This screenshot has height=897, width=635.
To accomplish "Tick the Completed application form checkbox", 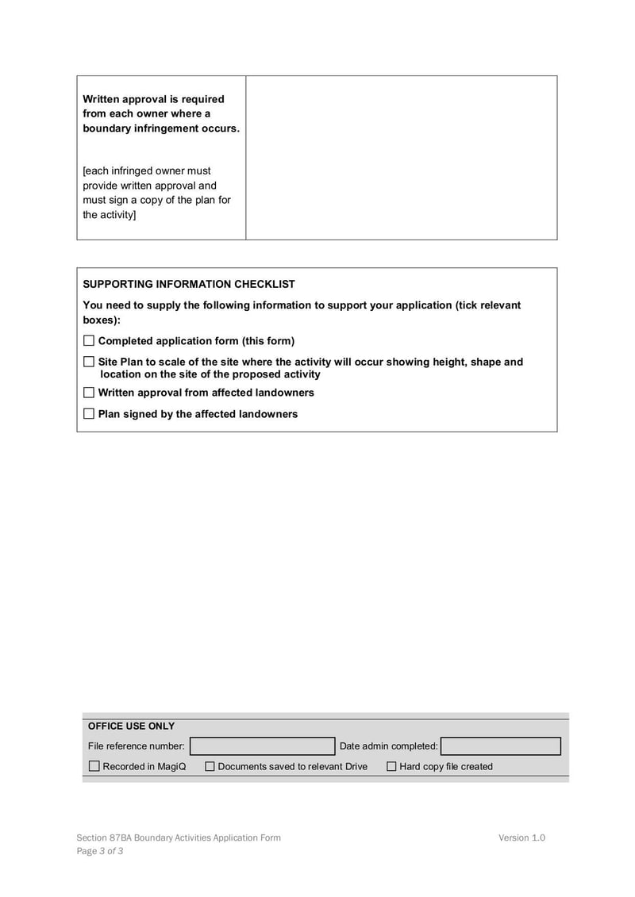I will [89, 341].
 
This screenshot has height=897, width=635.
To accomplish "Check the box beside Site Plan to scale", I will [89, 362].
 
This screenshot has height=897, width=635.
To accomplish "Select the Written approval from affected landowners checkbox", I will [89, 393].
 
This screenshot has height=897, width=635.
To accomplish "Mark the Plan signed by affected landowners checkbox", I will [89, 414].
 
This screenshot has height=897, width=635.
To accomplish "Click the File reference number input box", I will [262, 746].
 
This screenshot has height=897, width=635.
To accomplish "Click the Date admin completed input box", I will [500, 746].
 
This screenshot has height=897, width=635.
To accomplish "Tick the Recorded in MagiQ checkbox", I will [94, 766].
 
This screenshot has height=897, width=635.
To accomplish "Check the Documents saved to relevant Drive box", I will [210, 766].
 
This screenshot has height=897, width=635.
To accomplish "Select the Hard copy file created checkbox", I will [391, 766].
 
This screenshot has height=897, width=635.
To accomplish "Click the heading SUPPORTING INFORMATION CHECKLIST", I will [189, 284].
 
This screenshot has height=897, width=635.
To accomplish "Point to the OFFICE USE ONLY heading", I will [131, 726].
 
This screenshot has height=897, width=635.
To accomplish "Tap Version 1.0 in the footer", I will [521, 838].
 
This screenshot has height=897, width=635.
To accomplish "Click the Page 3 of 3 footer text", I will [100, 851].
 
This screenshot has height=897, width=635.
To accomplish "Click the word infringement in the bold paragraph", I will [170, 128].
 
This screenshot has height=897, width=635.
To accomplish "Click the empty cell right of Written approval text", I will [401, 157].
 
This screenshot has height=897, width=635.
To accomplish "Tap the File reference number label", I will [136, 746].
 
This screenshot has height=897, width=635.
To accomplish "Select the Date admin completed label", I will [388, 746].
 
